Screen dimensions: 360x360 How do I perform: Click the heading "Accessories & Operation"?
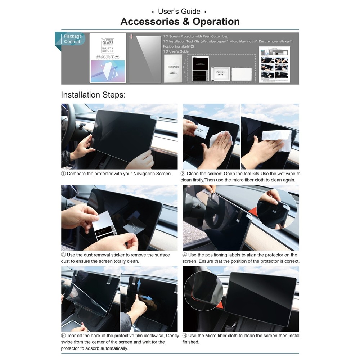(x=180, y=22)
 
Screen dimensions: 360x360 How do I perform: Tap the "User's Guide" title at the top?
(x=180, y=12)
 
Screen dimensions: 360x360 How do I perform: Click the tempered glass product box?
(x=108, y=58)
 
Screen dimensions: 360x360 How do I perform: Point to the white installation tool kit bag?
(x=172, y=68)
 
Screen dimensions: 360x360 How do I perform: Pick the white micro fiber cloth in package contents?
(x=242, y=74)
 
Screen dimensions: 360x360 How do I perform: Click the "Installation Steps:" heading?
(x=93, y=95)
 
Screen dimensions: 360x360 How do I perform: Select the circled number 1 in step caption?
(x=63, y=174)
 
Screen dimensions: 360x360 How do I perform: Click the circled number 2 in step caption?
(x=183, y=174)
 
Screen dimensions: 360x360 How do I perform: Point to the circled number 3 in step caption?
(x=63, y=255)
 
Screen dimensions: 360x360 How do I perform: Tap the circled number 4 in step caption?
(x=185, y=255)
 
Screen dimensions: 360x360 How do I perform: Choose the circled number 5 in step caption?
(x=63, y=336)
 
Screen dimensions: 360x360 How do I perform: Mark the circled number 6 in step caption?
(x=185, y=336)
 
